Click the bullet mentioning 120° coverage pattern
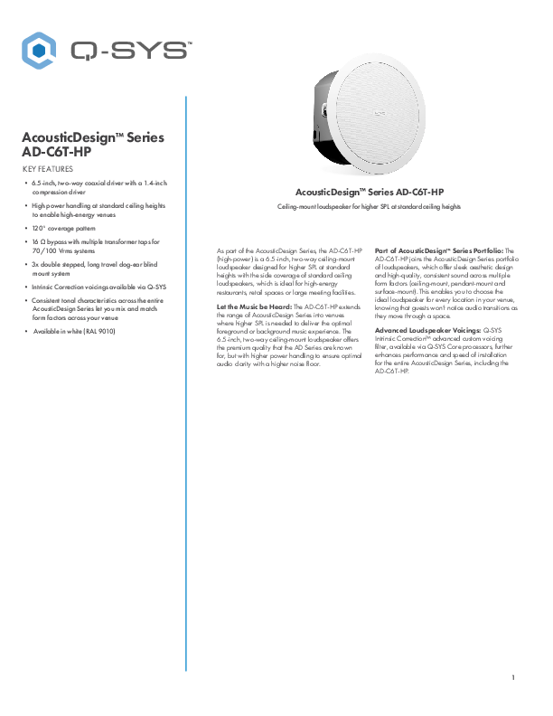click(67, 229)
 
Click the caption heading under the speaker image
click(370, 193)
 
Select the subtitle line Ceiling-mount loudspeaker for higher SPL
click(370, 207)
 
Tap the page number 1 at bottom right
click(512, 677)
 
